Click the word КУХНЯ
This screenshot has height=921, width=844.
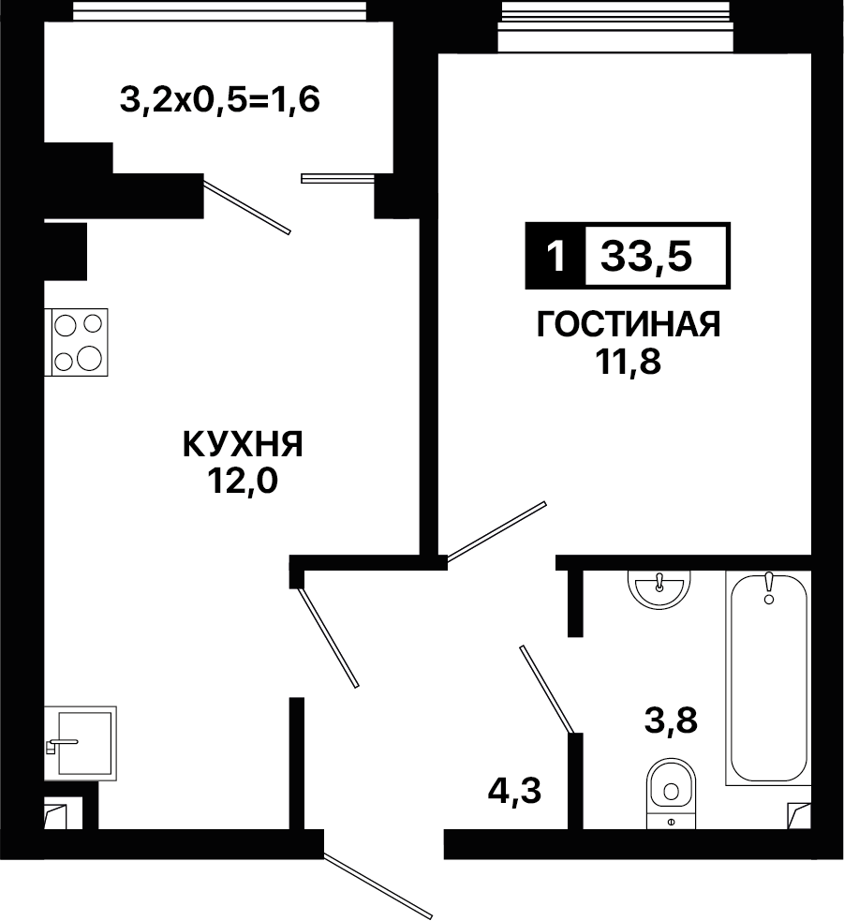[x=243, y=444]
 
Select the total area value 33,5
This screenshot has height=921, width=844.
[x=646, y=257]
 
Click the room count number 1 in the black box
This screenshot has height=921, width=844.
[x=555, y=256]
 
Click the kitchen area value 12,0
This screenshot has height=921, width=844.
[x=242, y=482]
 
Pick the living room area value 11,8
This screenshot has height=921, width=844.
[x=629, y=362]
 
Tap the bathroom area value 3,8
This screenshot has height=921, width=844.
[x=671, y=720]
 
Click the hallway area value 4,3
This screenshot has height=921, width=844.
[x=514, y=791]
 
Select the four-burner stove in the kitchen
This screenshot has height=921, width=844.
[x=77, y=342]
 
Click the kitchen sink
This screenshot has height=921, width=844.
[x=81, y=743]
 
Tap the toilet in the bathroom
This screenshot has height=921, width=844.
[x=671, y=793]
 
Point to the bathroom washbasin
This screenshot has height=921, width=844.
[x=659, y=588]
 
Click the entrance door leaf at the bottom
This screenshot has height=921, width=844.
[x=378, y=885]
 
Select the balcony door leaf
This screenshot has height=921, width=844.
[x=247, y=206]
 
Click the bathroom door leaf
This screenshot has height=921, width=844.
[x=546, y=690]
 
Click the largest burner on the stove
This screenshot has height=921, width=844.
[x=89, y=357]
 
